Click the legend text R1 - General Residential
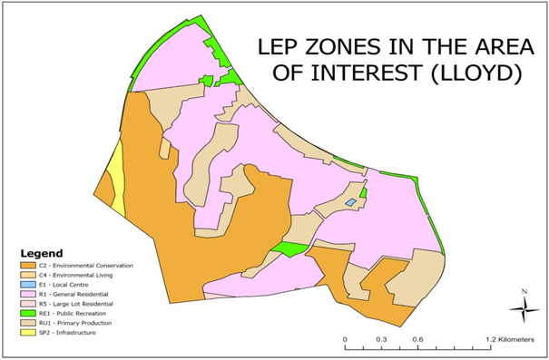coord(78,295)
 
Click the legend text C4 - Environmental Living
coord(82,275)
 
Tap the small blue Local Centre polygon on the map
coord(349,203)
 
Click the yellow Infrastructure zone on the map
coord(116,181)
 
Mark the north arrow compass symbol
coord(524,308)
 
